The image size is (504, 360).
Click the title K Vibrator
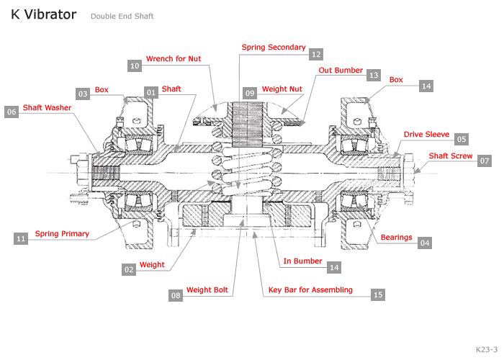coord(43,14)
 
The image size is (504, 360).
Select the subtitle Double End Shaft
coord(122,16)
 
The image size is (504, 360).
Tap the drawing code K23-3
coord(486,348)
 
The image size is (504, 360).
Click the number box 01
coord(151,92)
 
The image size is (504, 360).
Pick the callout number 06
coord(11,112)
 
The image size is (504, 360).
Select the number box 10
coord(135,66)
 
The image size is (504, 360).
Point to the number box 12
coord(316,54)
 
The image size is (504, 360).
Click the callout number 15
coord(378,294)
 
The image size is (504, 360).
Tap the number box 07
coord(485,161)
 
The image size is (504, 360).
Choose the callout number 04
coord(425,243)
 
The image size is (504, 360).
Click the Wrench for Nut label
coord(174,58)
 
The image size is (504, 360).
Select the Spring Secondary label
coord(274,47)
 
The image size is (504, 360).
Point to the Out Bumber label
coord(341,71)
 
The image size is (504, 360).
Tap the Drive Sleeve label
coord(426,134)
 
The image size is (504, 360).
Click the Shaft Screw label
coord(451,156)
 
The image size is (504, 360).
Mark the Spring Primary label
coord(62,233)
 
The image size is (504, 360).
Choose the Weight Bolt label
coord(207,290)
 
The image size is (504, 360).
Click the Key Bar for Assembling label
coord(310,290)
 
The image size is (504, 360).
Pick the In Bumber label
coord(302,261)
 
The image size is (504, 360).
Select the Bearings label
coord(396,237)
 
